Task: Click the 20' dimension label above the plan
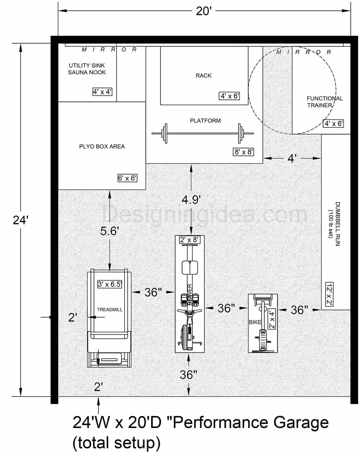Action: pos(204,11)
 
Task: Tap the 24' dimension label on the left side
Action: pos(20,220)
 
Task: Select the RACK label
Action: pos(203,76)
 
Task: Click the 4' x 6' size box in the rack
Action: pos(229,96)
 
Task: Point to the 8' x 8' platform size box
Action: pos(244,152)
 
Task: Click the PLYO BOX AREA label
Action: pos(102,147)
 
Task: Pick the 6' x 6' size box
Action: pos(127,178)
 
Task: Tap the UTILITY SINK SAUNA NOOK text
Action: pos(87,69)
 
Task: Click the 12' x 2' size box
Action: pos(329,294)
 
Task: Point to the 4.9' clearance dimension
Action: pos(191,199)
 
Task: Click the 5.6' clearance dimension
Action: pos(109,231)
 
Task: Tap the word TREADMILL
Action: pos(109,310)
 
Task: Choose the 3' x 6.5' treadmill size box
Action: pos(110,284)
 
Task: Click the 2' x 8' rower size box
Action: pos(189,240)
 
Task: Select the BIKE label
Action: pos(255,322)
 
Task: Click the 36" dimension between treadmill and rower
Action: pos(153,292)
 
